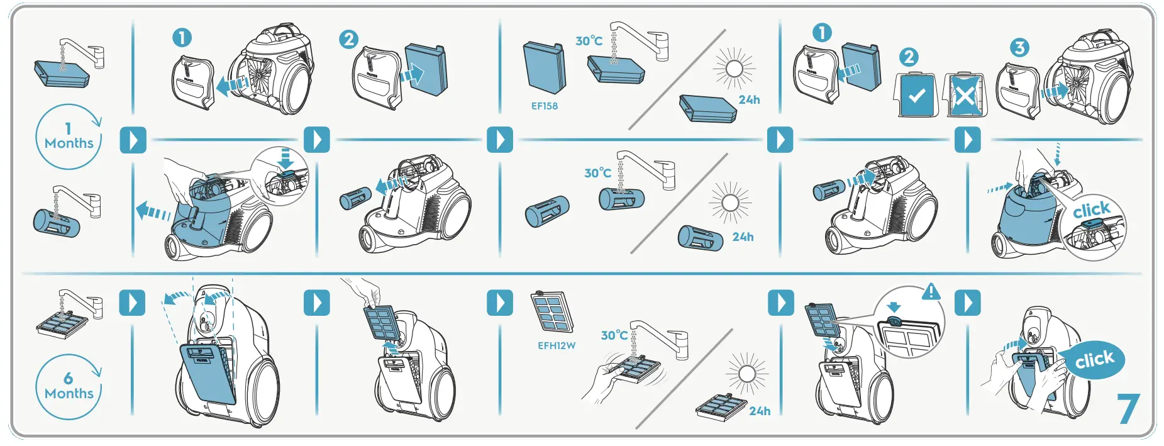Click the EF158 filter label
(544, 106)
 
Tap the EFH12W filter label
(557, 345)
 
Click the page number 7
(1128, 409)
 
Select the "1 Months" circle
(69, 137)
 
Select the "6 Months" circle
(69, 386)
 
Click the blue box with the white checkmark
(917, 96)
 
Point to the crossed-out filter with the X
(965, 96)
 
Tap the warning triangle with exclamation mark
(931, 292)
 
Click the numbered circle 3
(1019, 47)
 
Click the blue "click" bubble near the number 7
(1094, 360)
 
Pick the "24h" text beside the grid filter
(760, 411)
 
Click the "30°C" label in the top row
(589, 41)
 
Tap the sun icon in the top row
(734, 68)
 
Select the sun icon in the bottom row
(747, 374)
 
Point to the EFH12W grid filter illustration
(552, 312)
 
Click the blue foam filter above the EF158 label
(544, 68)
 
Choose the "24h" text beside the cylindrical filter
(743, 237)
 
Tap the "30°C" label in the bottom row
(614, 335)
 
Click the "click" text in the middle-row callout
(1091, 209)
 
